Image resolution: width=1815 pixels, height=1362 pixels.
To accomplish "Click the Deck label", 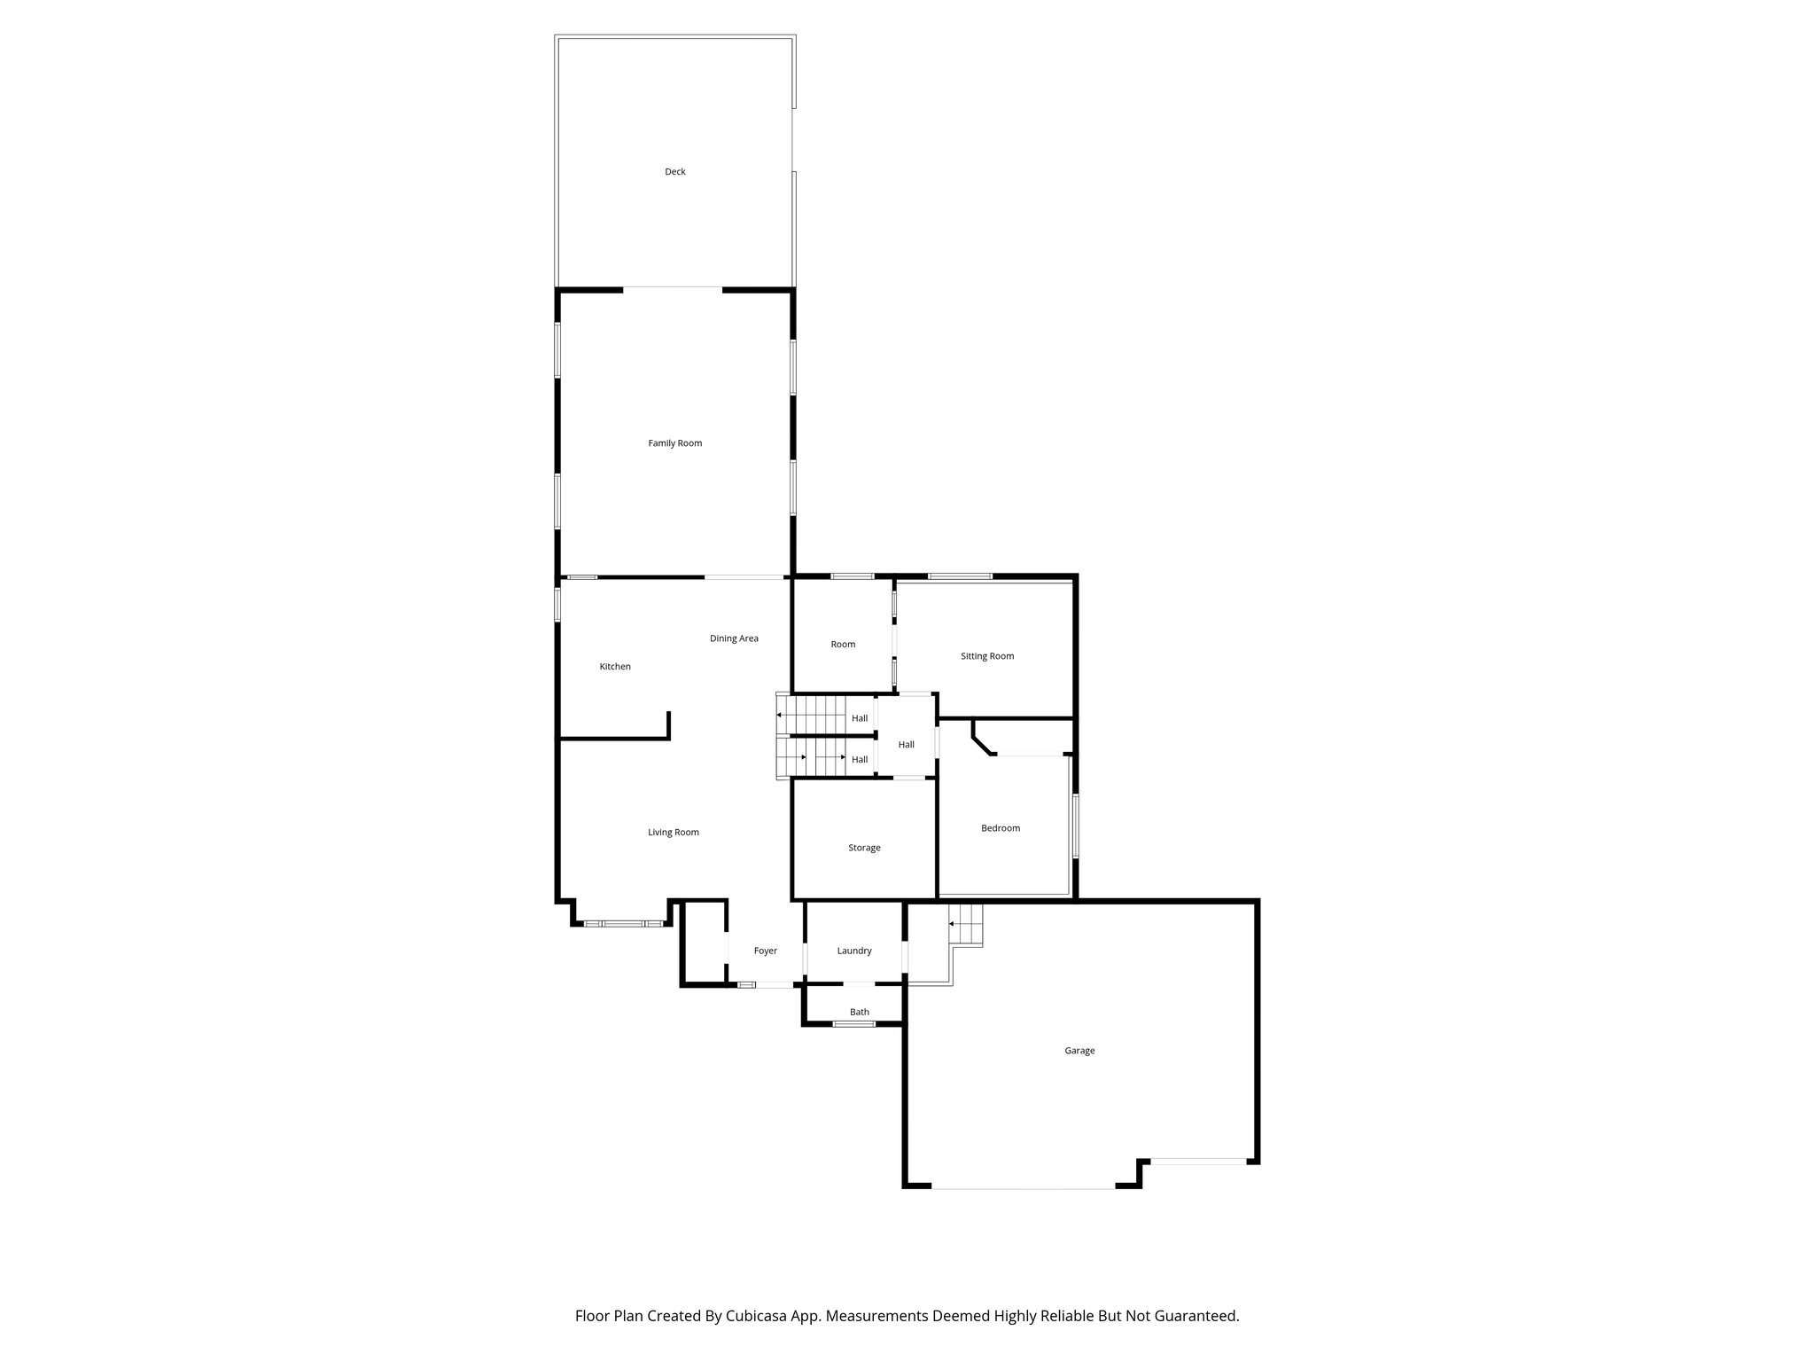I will (x=675, y=172).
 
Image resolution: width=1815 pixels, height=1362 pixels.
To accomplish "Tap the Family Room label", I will (x=675, y=443).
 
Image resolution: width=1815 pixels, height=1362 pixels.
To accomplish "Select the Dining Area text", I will (x=734, y=638).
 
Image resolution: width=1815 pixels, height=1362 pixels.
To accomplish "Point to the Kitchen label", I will (x=615, y=667).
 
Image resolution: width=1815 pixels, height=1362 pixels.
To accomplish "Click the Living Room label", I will (x=674, y=833).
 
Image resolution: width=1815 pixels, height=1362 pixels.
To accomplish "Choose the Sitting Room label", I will (x=987, y=656).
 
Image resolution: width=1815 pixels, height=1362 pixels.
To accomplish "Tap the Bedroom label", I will (x=1001, y=828).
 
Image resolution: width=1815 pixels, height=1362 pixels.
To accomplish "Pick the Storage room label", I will (x=864, y=848).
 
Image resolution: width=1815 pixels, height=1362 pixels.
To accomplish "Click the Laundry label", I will (x=854, y=951).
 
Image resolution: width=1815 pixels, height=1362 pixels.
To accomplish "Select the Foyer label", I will (x=766, y=951).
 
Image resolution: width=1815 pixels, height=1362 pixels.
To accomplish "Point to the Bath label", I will (x=860, y=1012).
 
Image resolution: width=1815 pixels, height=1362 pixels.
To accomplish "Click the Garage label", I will (x=1079, y=1051).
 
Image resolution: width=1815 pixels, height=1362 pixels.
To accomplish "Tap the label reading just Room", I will (x=843, y=645).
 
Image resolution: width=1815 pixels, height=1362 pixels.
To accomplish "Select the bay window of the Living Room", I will (x=623, y=924).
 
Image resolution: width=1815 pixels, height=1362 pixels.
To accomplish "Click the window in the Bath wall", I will (x=853, y=1024).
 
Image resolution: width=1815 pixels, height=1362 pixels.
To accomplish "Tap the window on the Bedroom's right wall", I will (x=1075, y=826).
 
